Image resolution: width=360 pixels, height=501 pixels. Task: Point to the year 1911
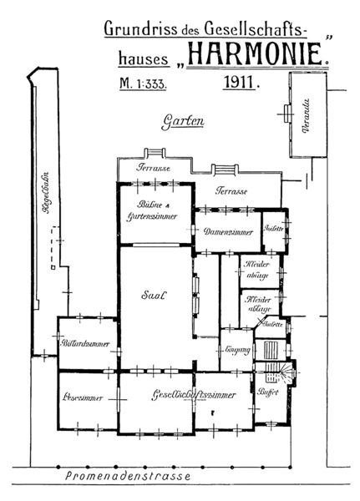click(241, 83)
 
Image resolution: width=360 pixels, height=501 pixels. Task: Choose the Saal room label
click(155, 295)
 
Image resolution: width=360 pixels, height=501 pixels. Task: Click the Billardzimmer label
click(81, 344)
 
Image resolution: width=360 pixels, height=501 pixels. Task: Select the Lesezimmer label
click(82, 397)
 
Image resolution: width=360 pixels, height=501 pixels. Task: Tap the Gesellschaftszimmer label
click(192, 395)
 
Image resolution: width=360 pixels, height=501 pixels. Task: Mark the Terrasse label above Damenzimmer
click(232, 191)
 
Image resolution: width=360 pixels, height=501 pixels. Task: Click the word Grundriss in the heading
click(132, 30)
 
